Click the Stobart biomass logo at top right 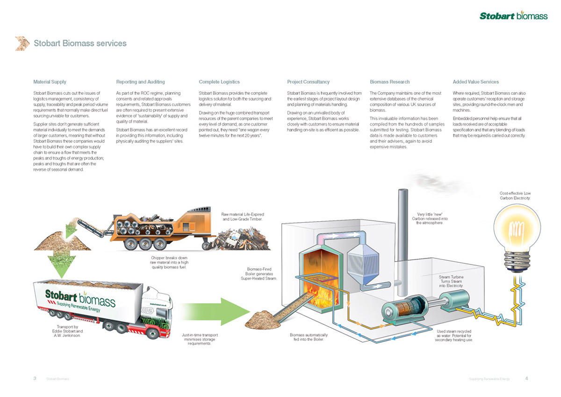(x=513, y=16)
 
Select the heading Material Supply (x=50, y=82)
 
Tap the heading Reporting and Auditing (x=140, y=82)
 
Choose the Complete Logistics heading (x=219, y=82)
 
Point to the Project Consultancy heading (x=308, y=82)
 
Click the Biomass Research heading (x=389, y=82)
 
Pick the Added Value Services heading (x=476, y=82)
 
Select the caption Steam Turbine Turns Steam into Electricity (x=451, y=281)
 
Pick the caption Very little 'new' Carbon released (x=430, y=219)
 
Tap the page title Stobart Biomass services (x=80, y=44)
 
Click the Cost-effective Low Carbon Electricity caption (x=515, y=196)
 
